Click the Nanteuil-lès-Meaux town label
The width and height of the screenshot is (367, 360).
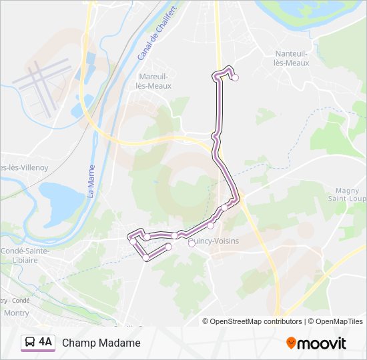[x=292, y=58]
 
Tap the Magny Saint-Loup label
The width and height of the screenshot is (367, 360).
[x=348, y=193]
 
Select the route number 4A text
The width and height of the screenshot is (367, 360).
[x=45, y=342]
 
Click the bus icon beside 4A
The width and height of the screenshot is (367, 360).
[x=30, y=343]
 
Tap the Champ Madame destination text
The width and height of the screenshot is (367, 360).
[x=101, y=343]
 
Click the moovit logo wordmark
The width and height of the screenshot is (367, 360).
[x=322, y=343]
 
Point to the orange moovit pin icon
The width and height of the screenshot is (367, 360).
[x=291, y=343]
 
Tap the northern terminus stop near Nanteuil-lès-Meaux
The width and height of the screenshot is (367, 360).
[x=235, y=77]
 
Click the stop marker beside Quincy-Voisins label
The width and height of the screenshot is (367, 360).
[x=192, y=243]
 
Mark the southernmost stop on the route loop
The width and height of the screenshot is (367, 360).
[x=145, y=257]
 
